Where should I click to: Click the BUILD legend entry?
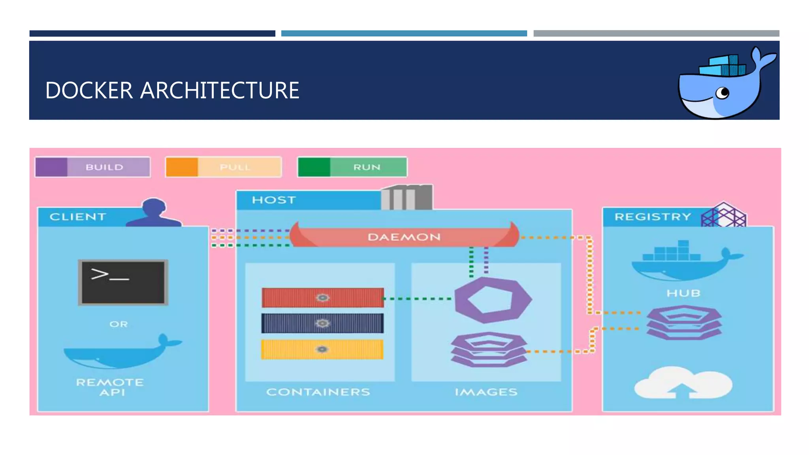(x=93, y=167)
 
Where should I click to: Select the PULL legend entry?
(x=224, y=167)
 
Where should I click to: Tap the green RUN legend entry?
(x=352, y=167)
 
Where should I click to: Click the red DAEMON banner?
(x=404, y=237)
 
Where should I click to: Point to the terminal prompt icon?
(x=123, y=282)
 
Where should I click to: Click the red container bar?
(x=322, y=297)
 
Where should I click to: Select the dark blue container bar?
(x=322, y=323)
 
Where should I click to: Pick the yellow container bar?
(x=322, y=349)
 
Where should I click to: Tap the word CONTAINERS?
(x=318, y=392)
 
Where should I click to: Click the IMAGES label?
(x=486, y=392)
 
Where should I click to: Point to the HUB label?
(x=683, y=293)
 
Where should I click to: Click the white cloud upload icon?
(x=683, y=382)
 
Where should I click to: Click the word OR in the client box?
(x=119, y=324)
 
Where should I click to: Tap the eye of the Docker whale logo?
(x=724, y=93)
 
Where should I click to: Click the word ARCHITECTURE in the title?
(x=220, y=90)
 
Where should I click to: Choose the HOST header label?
(x=274, y=200)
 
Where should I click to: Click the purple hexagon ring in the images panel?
(x=493, y=300)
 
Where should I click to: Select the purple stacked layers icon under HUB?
(x=684, y=323)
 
